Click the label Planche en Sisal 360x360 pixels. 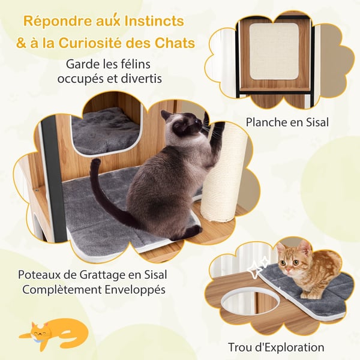click(287, 122)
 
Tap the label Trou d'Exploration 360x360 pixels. click(276, 347)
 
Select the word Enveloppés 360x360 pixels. click(135, 290)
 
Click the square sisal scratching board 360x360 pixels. click(274, 52)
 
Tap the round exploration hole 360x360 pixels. click(250, 301)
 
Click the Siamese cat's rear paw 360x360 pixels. click(192, 230)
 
